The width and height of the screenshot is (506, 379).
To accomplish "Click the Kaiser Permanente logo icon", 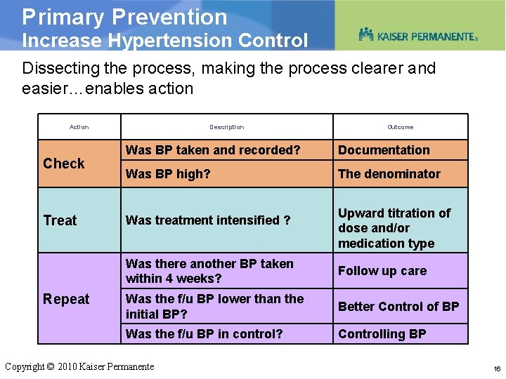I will coord(366,34).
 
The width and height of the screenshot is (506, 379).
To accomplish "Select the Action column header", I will coord(79,127).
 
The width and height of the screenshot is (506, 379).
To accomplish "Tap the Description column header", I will coord(226,127).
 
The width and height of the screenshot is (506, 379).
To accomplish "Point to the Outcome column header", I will coord(400,127).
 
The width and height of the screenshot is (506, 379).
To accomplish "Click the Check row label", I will coord(63,164).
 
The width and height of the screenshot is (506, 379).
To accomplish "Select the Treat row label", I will coord(60,220).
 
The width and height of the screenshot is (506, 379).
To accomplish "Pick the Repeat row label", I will coord(66,299).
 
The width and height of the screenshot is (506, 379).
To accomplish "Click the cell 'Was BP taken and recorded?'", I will coord(213,150).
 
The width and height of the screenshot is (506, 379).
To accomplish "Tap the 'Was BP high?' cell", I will coord(168,174).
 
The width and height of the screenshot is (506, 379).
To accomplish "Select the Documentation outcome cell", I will coord(384,150).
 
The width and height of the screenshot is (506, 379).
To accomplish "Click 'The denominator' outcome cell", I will coord(389,174).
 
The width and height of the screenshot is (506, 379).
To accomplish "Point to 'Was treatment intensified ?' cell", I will coord(208,220).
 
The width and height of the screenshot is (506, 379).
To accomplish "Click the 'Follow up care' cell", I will coord(382,271).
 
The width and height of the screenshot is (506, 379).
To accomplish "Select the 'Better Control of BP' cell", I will coord(398,307).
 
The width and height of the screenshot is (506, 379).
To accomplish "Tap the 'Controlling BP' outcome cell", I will coord(382,334).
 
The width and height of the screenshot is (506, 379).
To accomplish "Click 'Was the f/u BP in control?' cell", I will coord(204,334).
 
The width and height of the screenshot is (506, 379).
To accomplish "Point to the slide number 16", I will coord(497,368).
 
